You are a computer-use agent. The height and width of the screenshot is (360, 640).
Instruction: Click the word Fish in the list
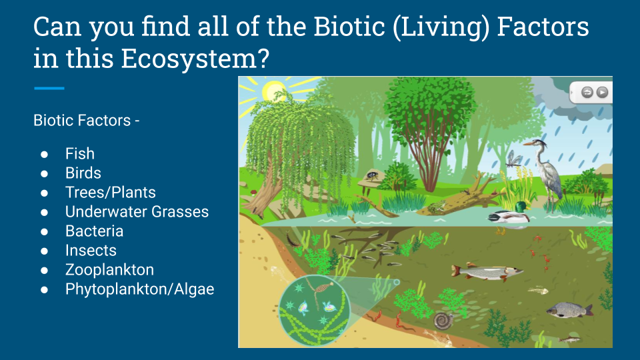tap(80, 154)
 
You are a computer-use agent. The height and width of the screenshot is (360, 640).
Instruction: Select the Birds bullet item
tap(83, 173)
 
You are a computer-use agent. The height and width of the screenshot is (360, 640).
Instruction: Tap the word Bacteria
tap(94, 231)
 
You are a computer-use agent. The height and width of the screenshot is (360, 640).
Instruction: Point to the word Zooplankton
tap(110, 270)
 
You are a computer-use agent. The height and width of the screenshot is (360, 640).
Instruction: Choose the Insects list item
tap(91, 250)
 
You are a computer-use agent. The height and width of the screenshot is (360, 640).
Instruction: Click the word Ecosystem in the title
tap(195, 59)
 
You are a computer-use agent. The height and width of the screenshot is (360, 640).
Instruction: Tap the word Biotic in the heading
tap(349, 27)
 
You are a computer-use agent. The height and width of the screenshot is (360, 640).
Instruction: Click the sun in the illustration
tap(274, 91)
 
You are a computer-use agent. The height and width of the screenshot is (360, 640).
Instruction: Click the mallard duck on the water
tap(510, 213)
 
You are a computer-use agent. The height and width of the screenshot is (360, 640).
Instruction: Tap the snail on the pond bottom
tap(443, 321)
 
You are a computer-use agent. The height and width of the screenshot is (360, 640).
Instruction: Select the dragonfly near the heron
tap(513, 159)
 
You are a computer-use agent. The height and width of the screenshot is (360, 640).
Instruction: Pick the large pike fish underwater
tap(486, 272)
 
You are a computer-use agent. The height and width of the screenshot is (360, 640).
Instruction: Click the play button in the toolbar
tap(602, 92)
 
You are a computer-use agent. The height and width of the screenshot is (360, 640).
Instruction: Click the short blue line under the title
tap(49, 88)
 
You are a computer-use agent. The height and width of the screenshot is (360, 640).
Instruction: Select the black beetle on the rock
tap(372, 175)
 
